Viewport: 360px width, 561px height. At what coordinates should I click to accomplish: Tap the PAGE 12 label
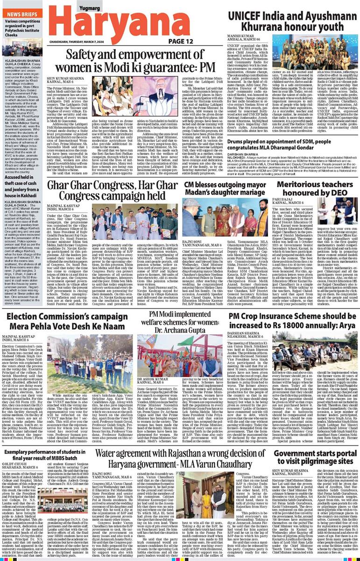coord(181,42)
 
